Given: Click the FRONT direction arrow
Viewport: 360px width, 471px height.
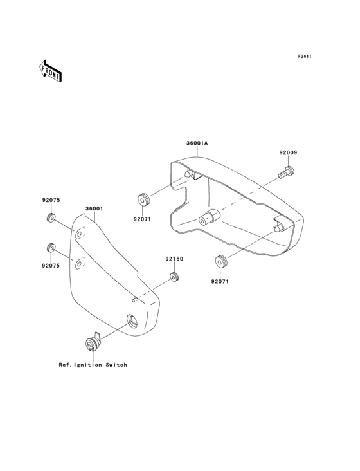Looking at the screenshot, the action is tap(50, 71).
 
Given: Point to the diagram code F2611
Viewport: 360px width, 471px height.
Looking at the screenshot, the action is tap(305, 56).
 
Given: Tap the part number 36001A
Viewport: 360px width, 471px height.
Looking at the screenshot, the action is tap(197, 143).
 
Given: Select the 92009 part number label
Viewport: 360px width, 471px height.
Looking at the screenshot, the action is tap(288, 152).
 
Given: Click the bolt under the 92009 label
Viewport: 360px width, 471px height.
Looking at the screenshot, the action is tap(287, 172).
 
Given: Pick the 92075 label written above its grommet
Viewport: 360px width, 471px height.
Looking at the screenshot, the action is tap(51, 200).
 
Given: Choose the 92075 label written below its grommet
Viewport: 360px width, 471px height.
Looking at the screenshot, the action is tap(51, 266).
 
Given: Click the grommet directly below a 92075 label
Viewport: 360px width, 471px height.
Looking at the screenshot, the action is tap(51, 217).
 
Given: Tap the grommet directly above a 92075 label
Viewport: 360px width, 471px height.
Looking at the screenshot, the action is tap(51, 248).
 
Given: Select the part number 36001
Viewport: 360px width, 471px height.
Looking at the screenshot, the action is tap(94, 208).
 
